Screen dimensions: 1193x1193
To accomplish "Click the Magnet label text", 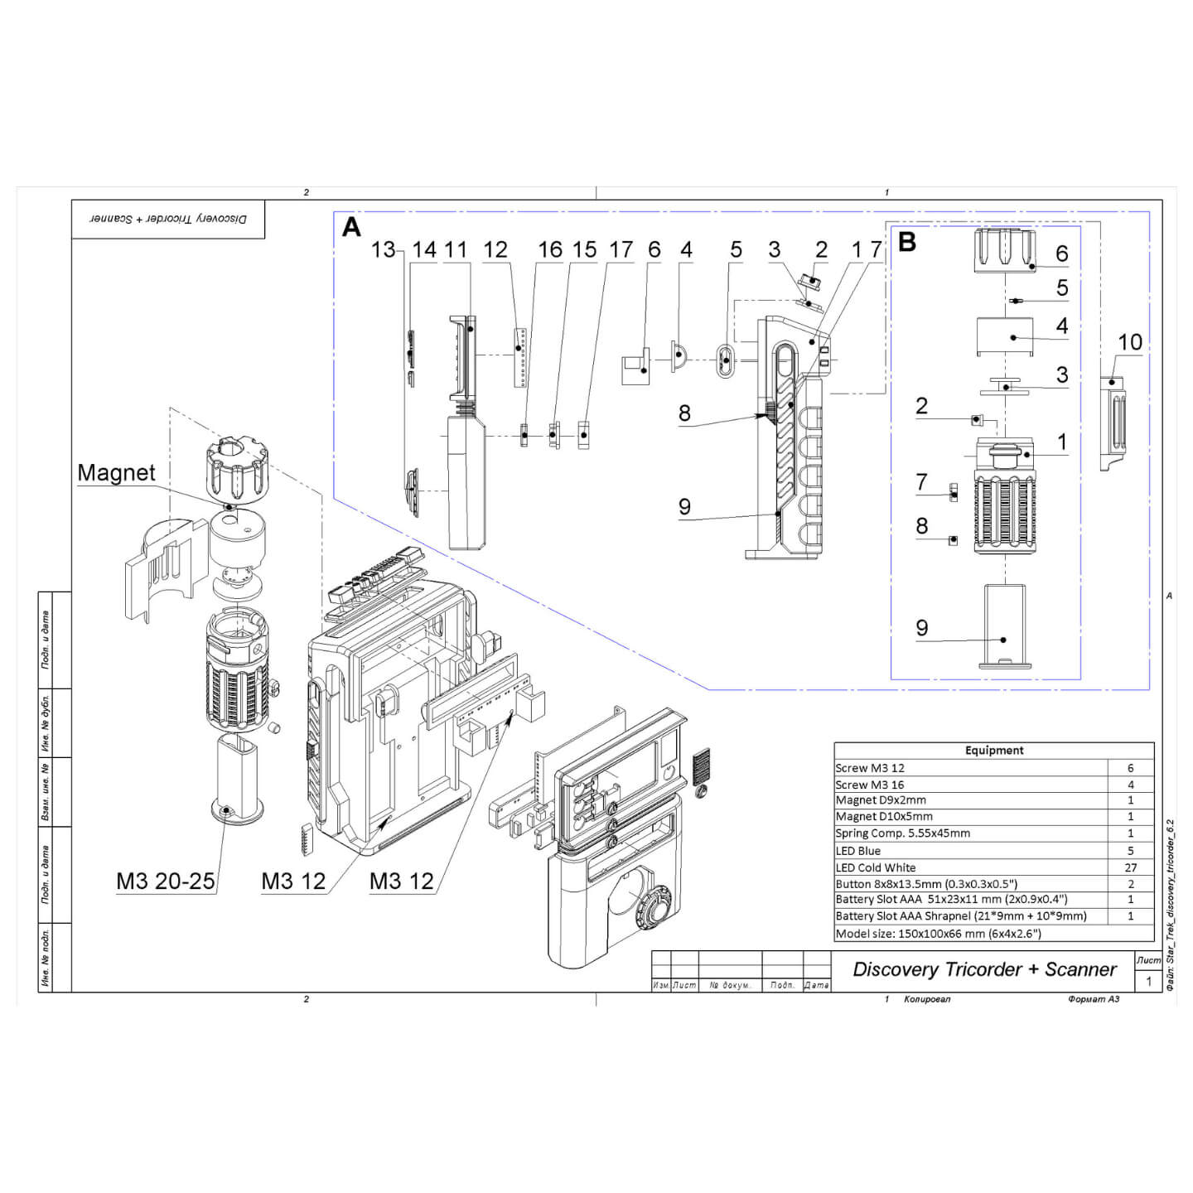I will (x=116, y=473).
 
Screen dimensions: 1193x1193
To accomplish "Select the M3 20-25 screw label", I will (x=166, y=881).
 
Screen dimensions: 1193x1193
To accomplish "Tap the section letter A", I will (x=351, y=227).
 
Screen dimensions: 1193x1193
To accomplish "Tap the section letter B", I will (x=907, y=242).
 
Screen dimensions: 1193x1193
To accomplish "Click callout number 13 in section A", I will (x=383, y=249).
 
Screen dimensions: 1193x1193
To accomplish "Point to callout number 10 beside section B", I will (x=1130, y=342).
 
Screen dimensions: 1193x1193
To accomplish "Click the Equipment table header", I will (x=993, y=751).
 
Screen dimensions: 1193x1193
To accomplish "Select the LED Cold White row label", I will (x=876, y=867).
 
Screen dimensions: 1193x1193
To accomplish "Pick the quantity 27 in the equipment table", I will (x=1131, y=867).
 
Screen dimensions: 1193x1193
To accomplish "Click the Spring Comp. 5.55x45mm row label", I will (x=902, y=833).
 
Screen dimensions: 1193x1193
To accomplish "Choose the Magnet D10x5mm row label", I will (x=883, y=817).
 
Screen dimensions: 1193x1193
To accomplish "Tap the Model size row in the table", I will (x=938, y=934).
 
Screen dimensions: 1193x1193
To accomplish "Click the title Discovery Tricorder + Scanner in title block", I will (x=984, y=969).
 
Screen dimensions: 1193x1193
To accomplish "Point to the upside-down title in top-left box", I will (x=168, y=219).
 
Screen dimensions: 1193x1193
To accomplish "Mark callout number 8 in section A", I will (x=684, y=413).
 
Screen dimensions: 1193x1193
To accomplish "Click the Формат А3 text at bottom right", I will (x=1094, y=999).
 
